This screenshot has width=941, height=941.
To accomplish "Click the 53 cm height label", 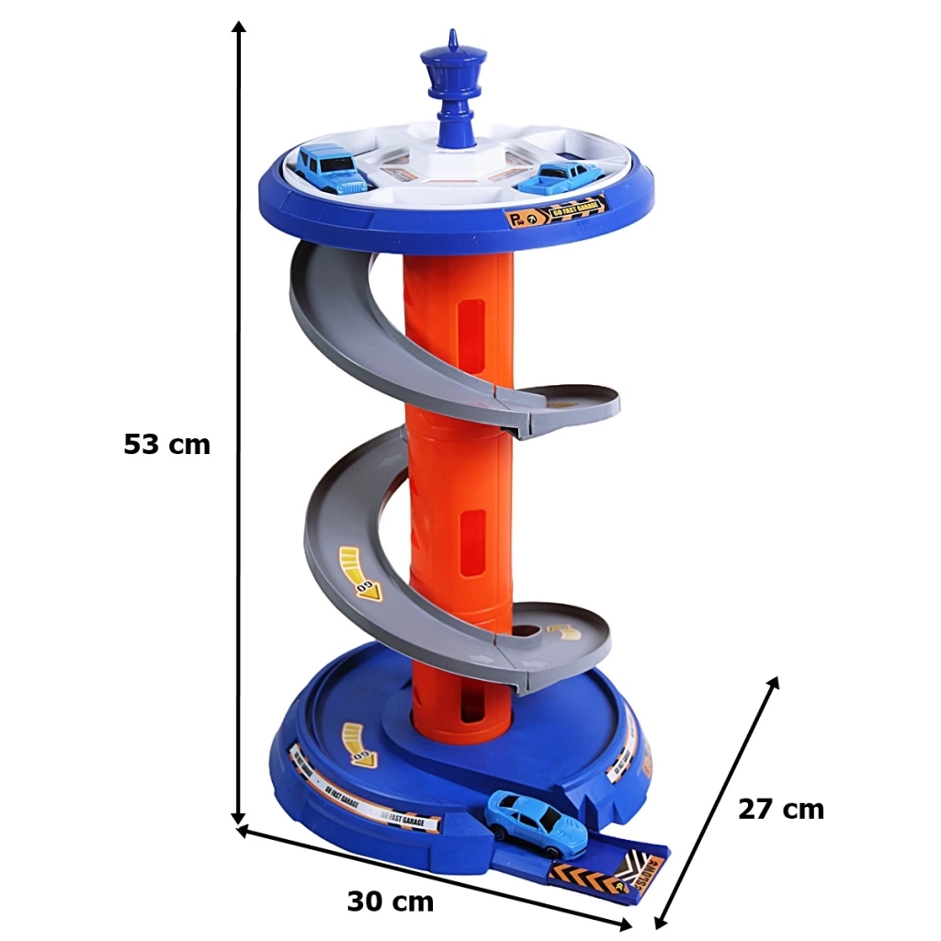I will point(166,445).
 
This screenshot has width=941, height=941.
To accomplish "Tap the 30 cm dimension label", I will point(390,901).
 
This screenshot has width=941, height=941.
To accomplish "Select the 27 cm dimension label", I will point(780,810).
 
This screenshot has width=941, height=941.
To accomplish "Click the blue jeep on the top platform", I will point(330,169).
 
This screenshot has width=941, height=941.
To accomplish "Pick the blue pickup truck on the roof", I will point(560,177).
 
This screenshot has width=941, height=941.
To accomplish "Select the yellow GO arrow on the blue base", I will point(357,743).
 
